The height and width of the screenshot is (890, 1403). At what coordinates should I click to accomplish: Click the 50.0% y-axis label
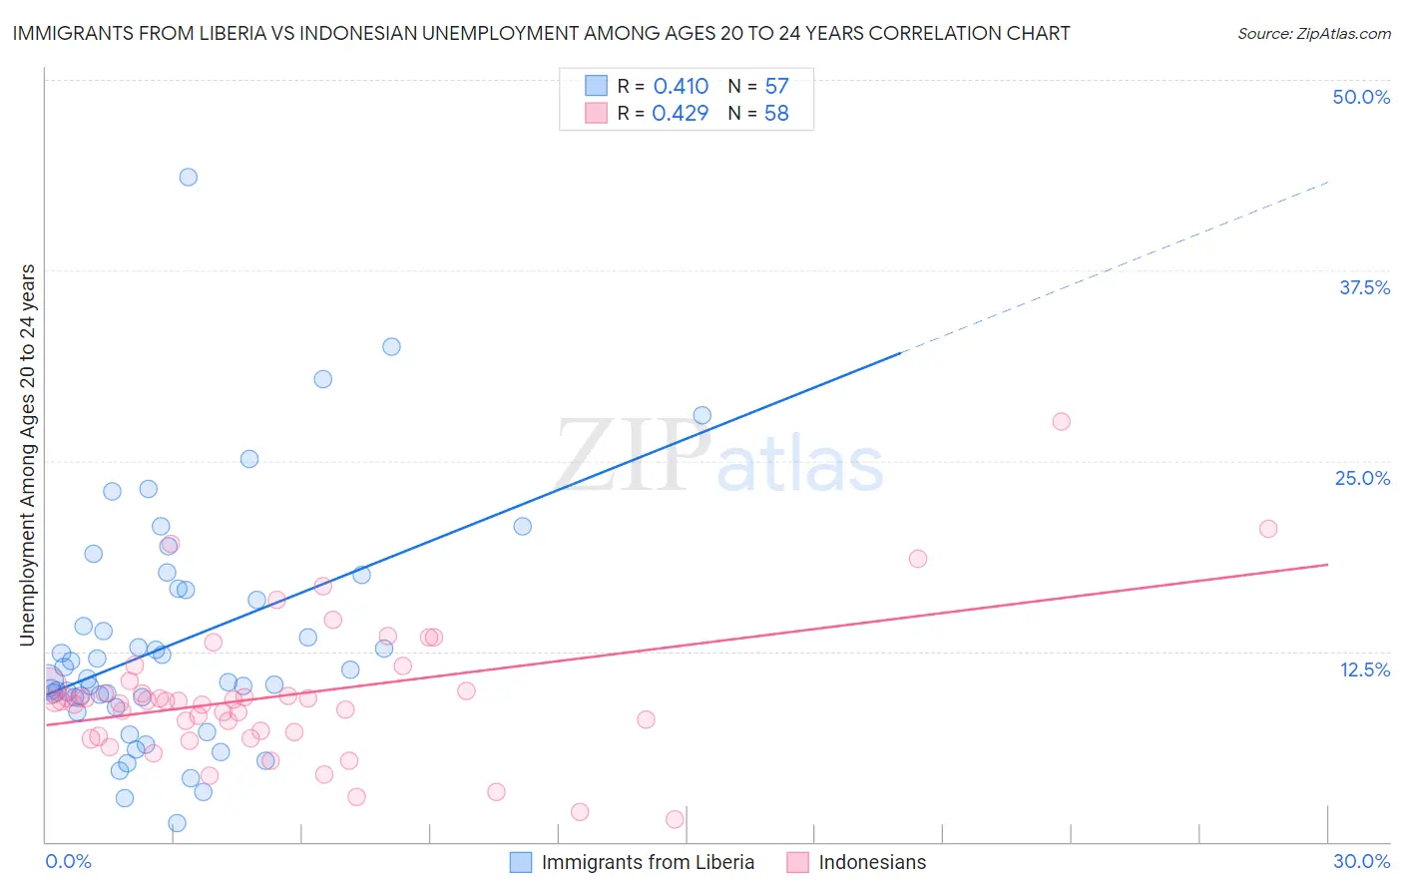1361,97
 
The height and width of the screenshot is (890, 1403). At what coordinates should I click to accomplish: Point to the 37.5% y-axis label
1364,287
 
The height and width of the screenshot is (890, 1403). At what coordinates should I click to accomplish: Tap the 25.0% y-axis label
1362,478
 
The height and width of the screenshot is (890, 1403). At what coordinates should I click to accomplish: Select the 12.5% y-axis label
1364,669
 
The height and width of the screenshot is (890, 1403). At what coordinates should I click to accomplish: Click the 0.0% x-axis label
68,861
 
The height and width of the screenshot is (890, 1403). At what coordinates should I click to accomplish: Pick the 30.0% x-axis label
1361,861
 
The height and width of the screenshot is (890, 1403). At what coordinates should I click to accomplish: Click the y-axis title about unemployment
27,455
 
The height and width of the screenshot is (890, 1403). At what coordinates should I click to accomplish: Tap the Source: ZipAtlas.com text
1313,33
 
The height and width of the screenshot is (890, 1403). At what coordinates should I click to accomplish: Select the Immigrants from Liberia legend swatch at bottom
521,862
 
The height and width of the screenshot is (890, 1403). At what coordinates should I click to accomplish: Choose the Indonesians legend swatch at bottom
797,862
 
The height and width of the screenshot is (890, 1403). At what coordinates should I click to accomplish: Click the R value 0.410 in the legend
681,87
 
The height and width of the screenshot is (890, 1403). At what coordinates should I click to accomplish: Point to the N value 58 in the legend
776,114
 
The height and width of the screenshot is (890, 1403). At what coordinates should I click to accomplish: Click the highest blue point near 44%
188,177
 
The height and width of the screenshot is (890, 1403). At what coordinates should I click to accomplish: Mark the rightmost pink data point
1268,529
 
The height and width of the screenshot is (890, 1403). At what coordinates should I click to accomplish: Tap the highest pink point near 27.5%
1061,421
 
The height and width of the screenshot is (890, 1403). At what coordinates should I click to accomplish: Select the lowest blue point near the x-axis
177,823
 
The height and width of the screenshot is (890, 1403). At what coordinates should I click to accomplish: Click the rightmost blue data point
702,415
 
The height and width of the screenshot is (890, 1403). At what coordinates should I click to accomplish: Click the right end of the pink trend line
1328,565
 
